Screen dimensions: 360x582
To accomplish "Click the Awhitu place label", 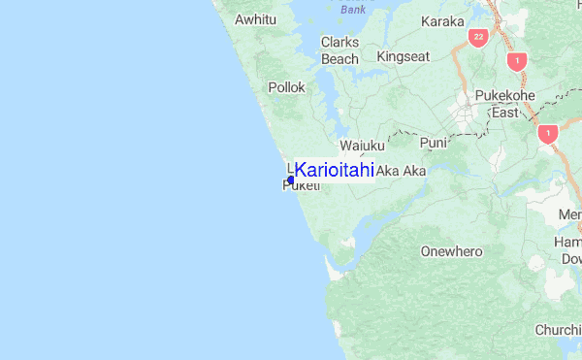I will [257, 18].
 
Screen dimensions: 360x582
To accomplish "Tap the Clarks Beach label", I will [339, 50].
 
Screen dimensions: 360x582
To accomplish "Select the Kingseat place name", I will [403, 56].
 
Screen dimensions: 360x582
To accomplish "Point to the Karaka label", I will [442, 20].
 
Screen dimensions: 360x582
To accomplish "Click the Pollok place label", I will [287, 87].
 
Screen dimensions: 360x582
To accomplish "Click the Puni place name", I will [433, 143].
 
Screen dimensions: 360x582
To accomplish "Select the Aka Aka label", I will [401, 171].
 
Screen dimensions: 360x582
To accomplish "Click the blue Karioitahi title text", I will [335, 170].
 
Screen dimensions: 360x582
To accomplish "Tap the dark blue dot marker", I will [291, 180].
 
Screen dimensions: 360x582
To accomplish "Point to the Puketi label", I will [301, 186].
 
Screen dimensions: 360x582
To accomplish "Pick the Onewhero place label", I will [451, 251].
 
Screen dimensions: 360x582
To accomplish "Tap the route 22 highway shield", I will [476, 38].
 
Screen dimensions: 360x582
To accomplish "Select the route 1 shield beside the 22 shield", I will [518, 60].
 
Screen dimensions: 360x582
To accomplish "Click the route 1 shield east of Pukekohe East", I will [548, 134].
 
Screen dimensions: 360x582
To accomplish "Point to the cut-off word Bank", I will [355, 9].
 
